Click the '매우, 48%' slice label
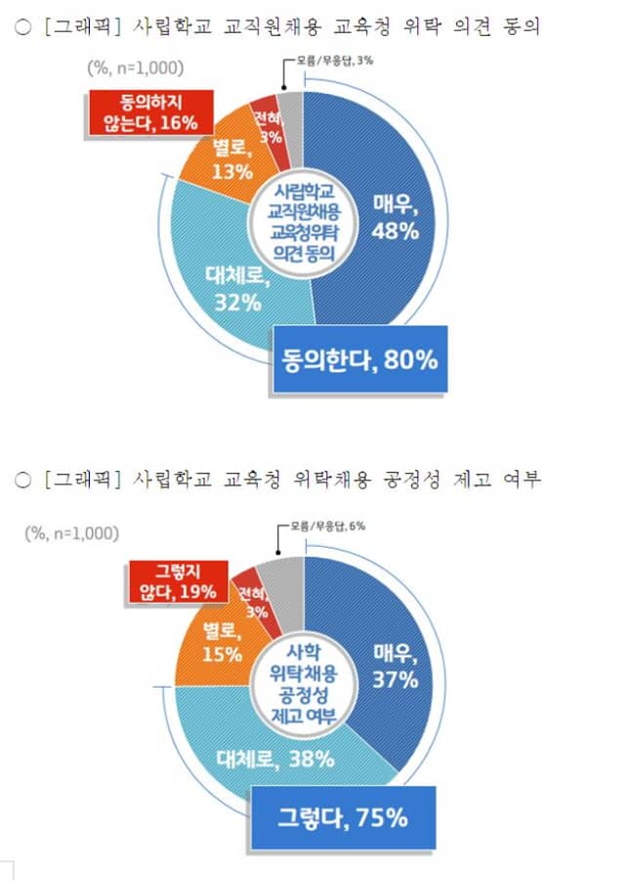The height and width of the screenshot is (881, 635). tap(396, 217)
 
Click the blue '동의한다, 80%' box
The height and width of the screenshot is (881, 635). tap(360, 359)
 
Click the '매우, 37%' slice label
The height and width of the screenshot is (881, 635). tap(396, 665)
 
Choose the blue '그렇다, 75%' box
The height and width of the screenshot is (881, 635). tap(341, 817)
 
